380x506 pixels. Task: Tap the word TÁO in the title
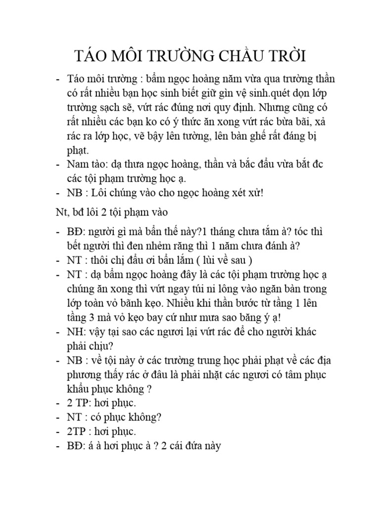click(91, 56)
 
